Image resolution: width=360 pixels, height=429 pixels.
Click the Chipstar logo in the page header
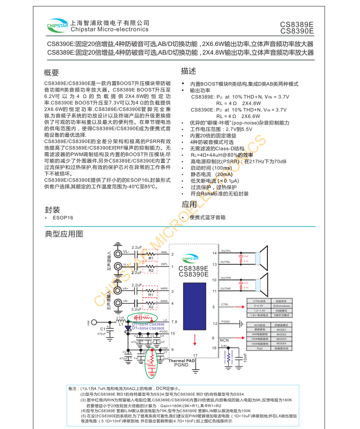[57, 26]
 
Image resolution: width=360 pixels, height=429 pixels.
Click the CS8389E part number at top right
[297, 25]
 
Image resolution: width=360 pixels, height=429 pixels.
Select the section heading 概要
[52, 73]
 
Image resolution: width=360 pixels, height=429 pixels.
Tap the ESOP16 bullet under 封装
[62, 217]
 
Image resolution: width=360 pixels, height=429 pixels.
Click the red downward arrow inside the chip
[195, 340]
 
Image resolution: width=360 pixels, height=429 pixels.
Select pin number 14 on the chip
[214, 253]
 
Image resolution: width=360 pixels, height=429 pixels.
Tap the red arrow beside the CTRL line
[237, 307]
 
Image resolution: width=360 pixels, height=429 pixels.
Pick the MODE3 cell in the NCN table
[281, 339]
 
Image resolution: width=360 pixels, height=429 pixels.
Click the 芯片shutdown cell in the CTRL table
[281, 306]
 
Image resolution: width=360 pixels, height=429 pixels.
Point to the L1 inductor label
[121, 324]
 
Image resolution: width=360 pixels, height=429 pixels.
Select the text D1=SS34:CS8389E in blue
[148, 324]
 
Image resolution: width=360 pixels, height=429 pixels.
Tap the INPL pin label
[164, 264]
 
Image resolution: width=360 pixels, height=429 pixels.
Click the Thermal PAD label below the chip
[182, 360]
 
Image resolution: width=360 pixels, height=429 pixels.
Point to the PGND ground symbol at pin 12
[240, 324]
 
